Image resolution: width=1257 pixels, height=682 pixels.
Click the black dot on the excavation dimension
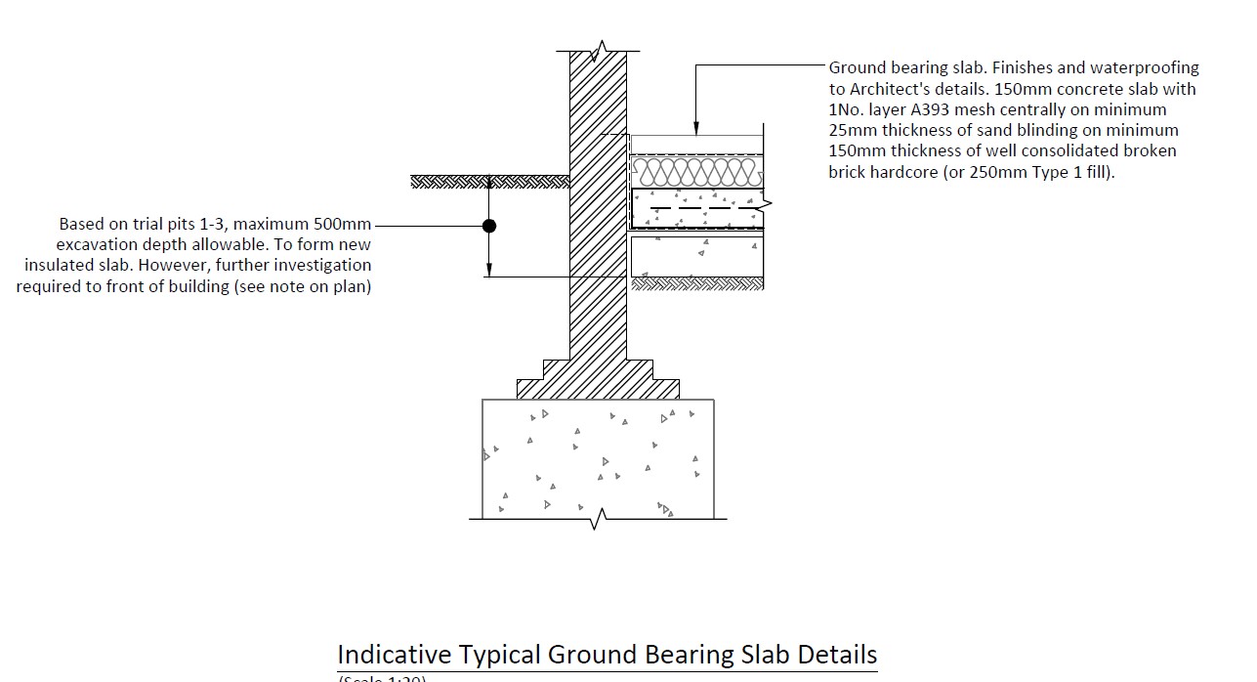[x=489, y=226]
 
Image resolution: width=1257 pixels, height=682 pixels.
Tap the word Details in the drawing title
[x=837, y=655]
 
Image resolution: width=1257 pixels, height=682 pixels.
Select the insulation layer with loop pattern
[x=695, y=173]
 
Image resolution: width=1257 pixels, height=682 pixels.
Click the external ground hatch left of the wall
[x=488, y=182]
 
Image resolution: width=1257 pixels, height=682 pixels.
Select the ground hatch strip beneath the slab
[x=697, y=284]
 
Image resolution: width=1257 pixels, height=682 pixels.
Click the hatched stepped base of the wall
[x=598, y=381]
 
